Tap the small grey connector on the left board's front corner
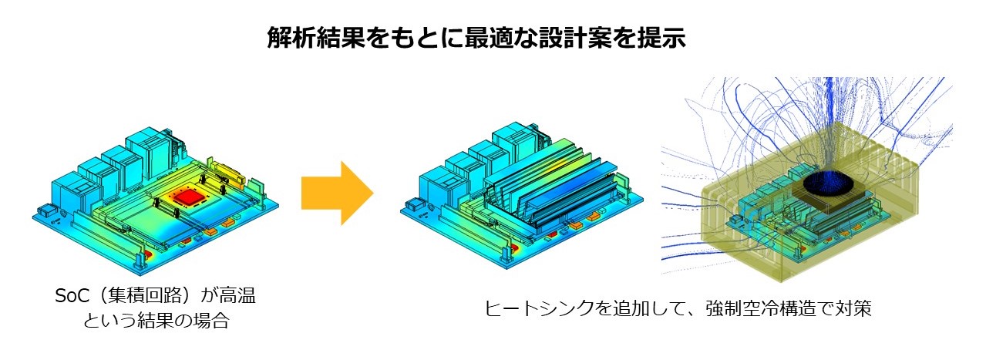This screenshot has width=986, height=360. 45,210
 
